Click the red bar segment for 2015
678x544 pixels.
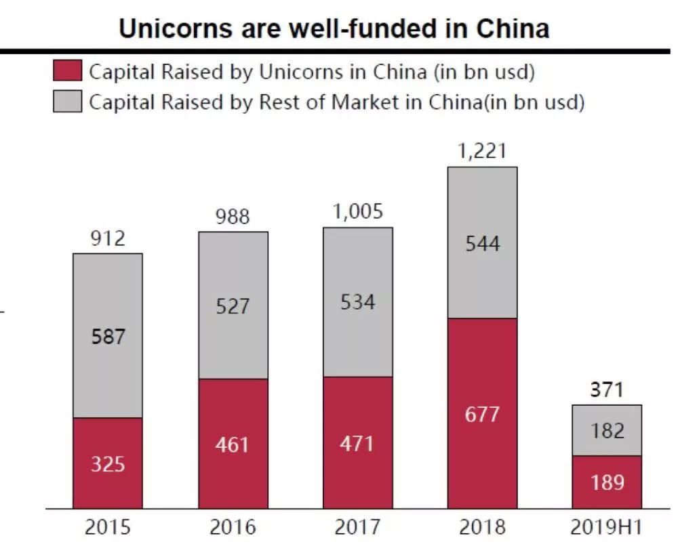coord(108,463)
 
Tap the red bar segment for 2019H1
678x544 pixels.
coord(607,481)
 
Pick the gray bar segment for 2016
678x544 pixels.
coord(233,305)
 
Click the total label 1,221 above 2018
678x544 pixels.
coord(482,151)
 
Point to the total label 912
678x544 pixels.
coord(108,238)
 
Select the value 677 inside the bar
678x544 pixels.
coord(482,413)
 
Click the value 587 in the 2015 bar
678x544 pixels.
coord(108,336)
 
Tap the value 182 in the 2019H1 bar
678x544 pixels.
coord(607,430)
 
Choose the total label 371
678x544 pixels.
coord(607,390)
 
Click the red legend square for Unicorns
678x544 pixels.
coord(67,70)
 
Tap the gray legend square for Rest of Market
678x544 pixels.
coord(67,102)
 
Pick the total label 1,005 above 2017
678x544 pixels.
coord(357,211)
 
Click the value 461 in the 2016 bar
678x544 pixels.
coord(233,444)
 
